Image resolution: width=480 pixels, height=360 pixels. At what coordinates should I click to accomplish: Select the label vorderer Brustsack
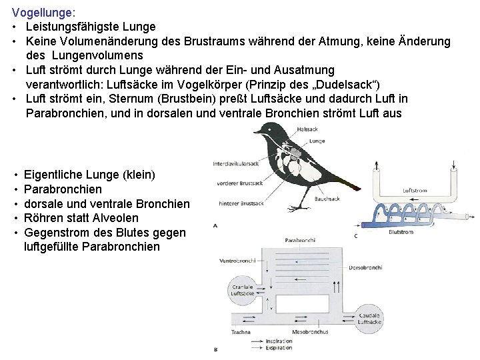(x=238, y=181)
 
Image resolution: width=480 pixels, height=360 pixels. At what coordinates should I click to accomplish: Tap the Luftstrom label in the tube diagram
(x=415, y=191)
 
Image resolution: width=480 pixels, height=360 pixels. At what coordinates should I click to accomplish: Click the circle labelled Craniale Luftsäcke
(x=239, y=289)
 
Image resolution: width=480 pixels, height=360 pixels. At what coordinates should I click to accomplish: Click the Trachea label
(x=241, y=331)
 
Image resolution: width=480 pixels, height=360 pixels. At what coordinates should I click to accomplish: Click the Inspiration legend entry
(x=278, y=341)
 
